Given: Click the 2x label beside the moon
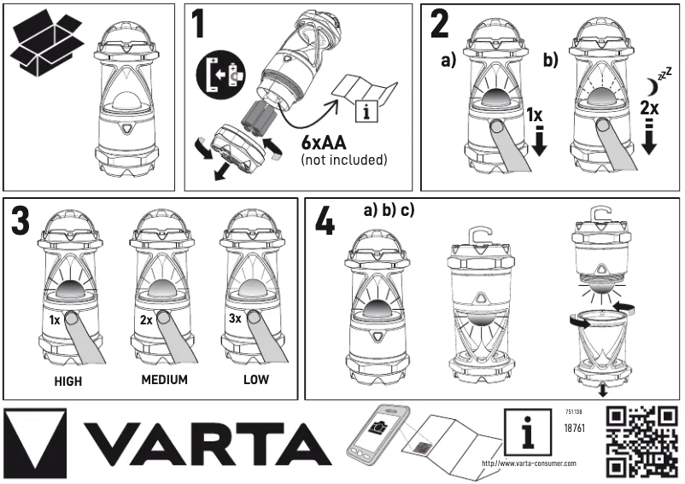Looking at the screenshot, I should (648, 110).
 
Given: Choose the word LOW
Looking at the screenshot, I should (254, 380).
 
